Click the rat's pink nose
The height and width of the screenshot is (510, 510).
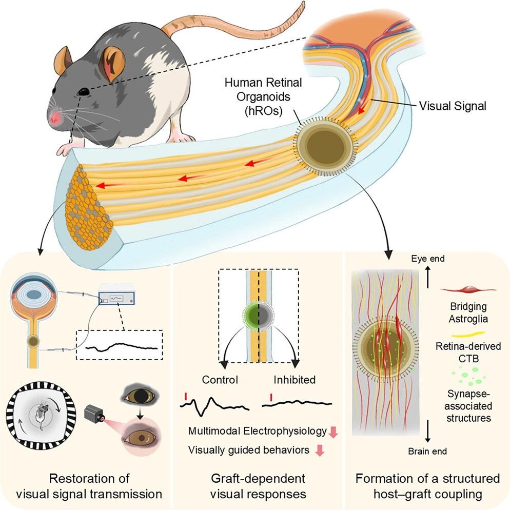pos(55,117)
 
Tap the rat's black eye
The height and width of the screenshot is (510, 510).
pos(84,92)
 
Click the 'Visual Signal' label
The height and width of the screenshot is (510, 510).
pos(453,106)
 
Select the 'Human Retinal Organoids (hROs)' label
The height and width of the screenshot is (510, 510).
pos(263,96)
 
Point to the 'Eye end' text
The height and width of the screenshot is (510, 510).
pos(428,259)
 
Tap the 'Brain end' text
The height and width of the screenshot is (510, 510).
pos(427,451)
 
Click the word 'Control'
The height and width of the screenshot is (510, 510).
pos(220,380)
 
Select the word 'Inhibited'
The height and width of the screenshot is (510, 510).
pos(295,380)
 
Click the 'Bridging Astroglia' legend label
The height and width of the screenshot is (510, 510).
pos(468,312)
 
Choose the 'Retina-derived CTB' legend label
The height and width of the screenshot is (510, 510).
pos(468,352)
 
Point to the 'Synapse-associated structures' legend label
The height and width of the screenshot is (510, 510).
pos(468,406)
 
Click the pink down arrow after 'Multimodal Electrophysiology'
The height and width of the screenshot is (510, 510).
pos(334,432)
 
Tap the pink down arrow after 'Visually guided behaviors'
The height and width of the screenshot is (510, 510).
pos(320,450)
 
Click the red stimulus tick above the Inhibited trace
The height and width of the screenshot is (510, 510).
pos(271,397)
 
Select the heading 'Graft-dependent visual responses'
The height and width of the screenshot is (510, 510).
pos(258,486)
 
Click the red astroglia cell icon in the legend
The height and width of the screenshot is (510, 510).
pos(468,289)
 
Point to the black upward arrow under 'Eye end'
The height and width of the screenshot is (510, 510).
pos(428,277)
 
